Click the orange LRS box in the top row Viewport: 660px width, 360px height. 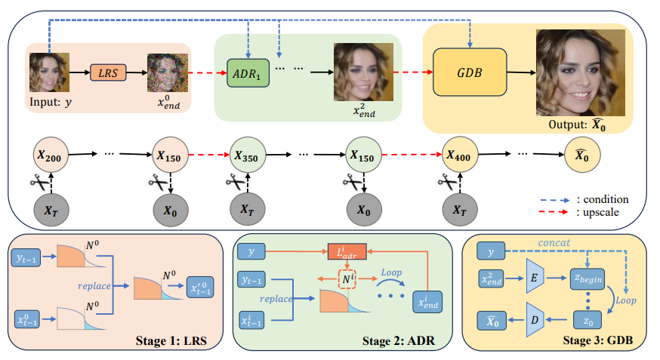pos(109,72)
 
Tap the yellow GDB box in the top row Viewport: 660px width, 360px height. pos(470,73)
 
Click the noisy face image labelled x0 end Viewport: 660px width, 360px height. pos(167,72)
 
